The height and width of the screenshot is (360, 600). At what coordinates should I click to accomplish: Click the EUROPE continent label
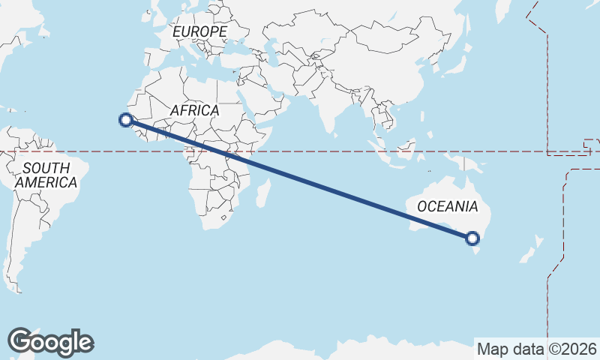pyautogui.click(x=199, y=32)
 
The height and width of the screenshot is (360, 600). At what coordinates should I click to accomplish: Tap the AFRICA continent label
pyautogui.click(x=194, y=111)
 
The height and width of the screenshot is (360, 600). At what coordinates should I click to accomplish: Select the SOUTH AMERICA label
pyautogui.click(x=46, y=175)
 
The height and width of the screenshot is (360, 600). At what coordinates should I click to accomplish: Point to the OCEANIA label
pyautogui.click(x=447, y=206)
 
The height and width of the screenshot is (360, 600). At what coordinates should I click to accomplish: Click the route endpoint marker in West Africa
pyautogui.click(x=126, y=118)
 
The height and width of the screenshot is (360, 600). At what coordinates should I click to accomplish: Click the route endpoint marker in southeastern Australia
pyautogui.click(x=472, y=238)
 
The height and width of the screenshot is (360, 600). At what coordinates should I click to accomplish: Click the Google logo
pyautogui.click(x=50, y=342)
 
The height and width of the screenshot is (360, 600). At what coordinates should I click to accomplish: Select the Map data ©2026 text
pyautogui.click(x=536, y=349)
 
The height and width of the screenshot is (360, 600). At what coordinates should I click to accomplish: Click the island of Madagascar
pyautogui.click(x=263, y=191)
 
